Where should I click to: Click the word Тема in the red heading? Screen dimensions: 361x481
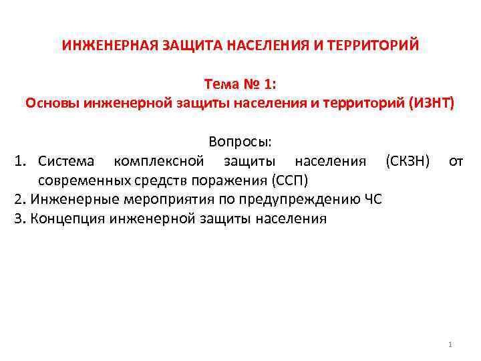pyautogui.click(x=222, y=85)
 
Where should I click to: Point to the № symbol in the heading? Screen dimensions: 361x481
pyautogui.click(x=253, y=85)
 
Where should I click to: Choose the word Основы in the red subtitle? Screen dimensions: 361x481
pyautogui.click(x=53, y=104)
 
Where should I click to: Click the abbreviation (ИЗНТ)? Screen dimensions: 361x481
pyautogui.click(x=431, y=104)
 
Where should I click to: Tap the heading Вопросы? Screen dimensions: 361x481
pyautogui.click(x=240, y=142)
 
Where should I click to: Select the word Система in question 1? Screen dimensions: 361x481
pyautogui.click(x=67, y=161)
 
